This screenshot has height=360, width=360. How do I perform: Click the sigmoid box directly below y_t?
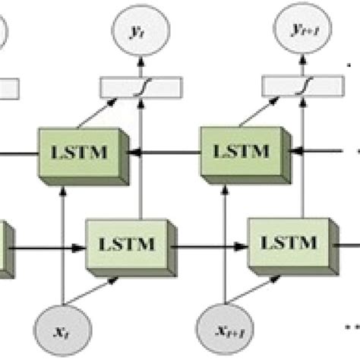141,87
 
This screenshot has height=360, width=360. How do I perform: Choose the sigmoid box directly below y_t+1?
302,87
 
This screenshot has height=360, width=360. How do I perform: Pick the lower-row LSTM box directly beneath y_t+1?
289,245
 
